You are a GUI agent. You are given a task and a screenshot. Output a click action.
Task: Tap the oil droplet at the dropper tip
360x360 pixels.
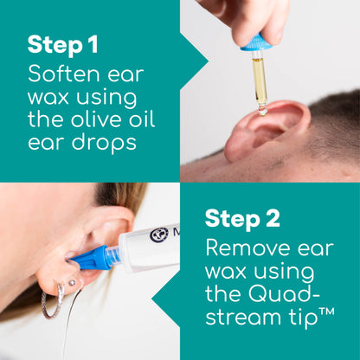262,109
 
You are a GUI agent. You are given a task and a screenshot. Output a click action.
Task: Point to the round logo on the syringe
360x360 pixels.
159,235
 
